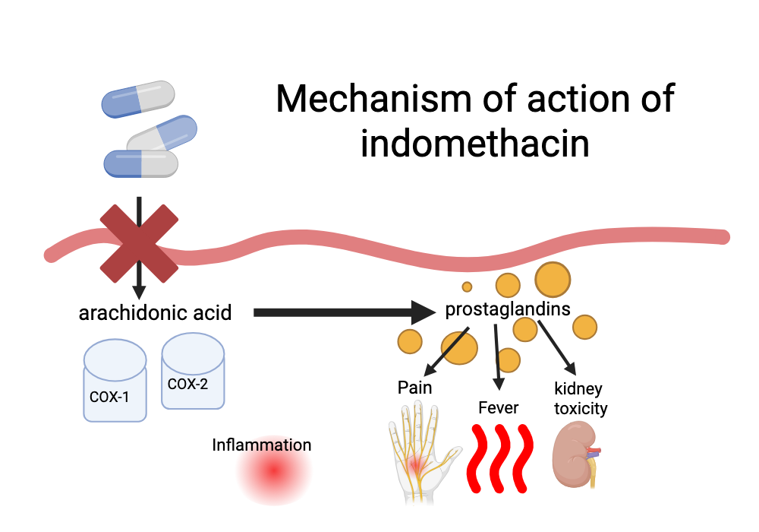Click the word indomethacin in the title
[474, 143]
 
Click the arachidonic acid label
[155, 312]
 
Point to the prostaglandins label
[508, 309]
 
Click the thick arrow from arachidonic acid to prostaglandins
[342, 312]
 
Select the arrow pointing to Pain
[446, 350]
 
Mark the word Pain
[414, 388]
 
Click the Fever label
[498, 408]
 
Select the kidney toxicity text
[580, 399]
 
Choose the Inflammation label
[261, 445]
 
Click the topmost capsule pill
[138, 99]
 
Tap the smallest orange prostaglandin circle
[467, 287]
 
